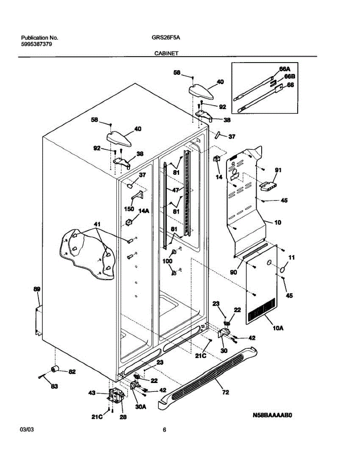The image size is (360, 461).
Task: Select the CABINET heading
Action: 166,54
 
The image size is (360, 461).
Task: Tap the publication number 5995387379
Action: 37,44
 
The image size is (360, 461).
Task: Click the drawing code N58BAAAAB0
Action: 273,415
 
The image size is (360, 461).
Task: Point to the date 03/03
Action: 25,430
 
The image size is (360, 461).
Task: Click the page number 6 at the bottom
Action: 164,430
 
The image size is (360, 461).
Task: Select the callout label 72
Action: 226,392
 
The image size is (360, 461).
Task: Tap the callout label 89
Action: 36,289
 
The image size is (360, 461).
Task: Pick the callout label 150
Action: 129,209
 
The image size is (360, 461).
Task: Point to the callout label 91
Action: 278,170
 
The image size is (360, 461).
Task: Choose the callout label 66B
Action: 289,76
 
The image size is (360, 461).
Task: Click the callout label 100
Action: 168,261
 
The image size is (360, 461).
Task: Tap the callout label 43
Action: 92,393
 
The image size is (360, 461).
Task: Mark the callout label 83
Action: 55,386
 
